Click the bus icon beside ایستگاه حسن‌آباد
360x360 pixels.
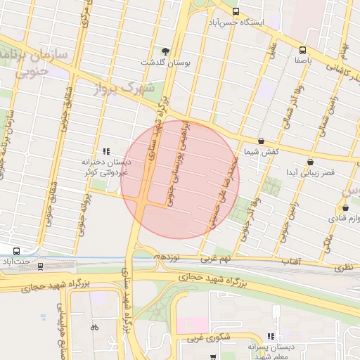(236, 11)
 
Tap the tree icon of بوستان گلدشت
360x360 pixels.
(165, 51)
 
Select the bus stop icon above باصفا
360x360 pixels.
(302, 50)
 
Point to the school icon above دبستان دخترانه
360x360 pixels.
(106, 150)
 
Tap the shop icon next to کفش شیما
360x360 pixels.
(262, 141)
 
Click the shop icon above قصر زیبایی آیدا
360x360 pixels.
(310, 162)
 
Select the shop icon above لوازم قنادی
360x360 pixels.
(345, 207)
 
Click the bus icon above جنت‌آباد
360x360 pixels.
(16, 250)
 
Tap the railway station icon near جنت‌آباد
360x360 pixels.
(40, 266)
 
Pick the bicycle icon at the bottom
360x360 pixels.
(95, 327)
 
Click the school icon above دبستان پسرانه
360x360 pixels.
(271, 337)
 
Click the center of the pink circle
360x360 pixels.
(180, 180)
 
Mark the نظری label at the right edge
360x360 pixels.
(345, 266)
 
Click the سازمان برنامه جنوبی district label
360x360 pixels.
(35, 62)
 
